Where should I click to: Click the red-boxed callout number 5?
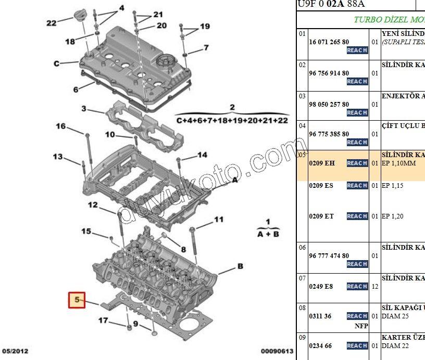point(77,300)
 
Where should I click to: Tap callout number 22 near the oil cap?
point(52,22)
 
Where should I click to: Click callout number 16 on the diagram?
point(61,126)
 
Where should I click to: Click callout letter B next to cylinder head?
point(240,266)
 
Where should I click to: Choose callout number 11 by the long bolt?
point(219,219)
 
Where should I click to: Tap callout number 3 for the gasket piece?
point(83,109)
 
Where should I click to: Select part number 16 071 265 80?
point(329,42)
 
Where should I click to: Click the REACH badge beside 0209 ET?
point(357,216)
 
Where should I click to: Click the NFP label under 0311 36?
point(361,326)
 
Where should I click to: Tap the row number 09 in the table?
point(302,337)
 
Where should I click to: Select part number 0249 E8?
point(322,286)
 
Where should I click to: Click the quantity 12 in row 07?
point(374,286)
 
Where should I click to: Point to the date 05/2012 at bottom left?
point(15,352)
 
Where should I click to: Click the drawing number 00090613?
point(277,352)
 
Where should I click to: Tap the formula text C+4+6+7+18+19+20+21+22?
point(232,120)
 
